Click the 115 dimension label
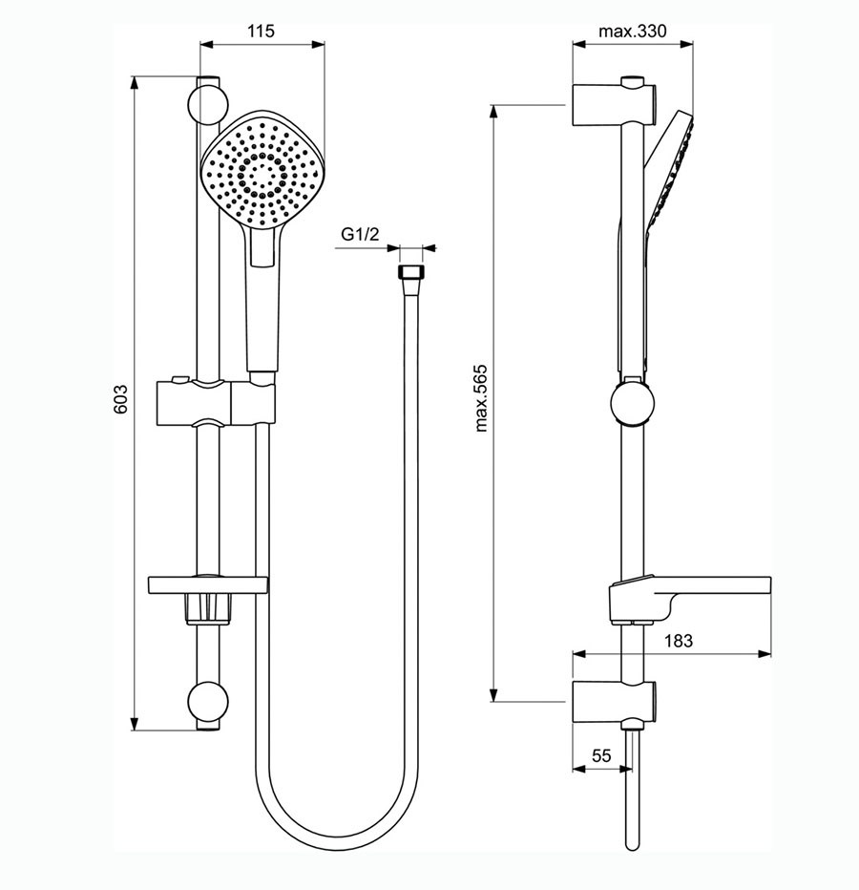(x=261, y=31)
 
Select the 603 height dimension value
(x=120, y=399)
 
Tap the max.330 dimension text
(x=633, y=31)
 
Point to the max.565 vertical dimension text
(x=481, y=398)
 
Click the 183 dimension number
(x=679, y=640)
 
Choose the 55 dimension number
(x=601, y=755)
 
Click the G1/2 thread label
(x=360, y=233)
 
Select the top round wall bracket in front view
(x=207, y=105)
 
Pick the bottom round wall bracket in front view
(x=207, y=702)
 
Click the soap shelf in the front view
(x=208, y=585)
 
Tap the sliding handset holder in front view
(x=216, y=403)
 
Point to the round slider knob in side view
(x=632, y=403)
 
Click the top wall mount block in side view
(x=615, y=105)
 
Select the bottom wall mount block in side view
(x=615, y=702)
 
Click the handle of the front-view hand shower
(x=262, y=301)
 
